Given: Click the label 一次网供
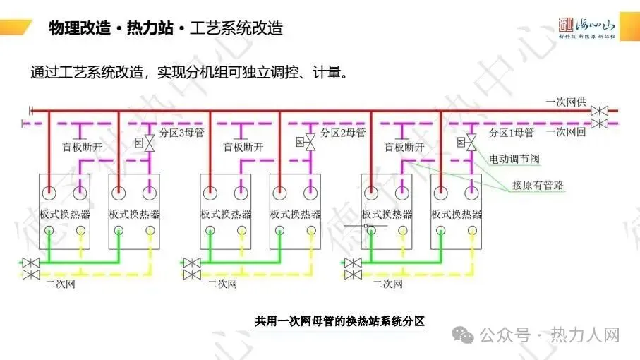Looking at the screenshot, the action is point(566,102).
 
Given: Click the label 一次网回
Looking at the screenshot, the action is point(566,132).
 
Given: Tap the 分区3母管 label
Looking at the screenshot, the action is point(182,133).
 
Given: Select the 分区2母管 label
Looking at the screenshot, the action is point(343,133).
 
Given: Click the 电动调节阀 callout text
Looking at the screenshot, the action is point(515,160).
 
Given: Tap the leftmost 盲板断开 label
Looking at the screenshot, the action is point(83,147).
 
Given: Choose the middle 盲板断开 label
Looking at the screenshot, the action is point(243,147).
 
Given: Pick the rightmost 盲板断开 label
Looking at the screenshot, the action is point(404,147).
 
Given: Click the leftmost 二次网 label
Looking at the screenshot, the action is point(60,284).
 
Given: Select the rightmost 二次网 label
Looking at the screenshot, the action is point(387,284).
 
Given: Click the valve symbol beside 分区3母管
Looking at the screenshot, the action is point(149,143).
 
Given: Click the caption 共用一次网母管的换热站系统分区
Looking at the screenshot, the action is point(339,321).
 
